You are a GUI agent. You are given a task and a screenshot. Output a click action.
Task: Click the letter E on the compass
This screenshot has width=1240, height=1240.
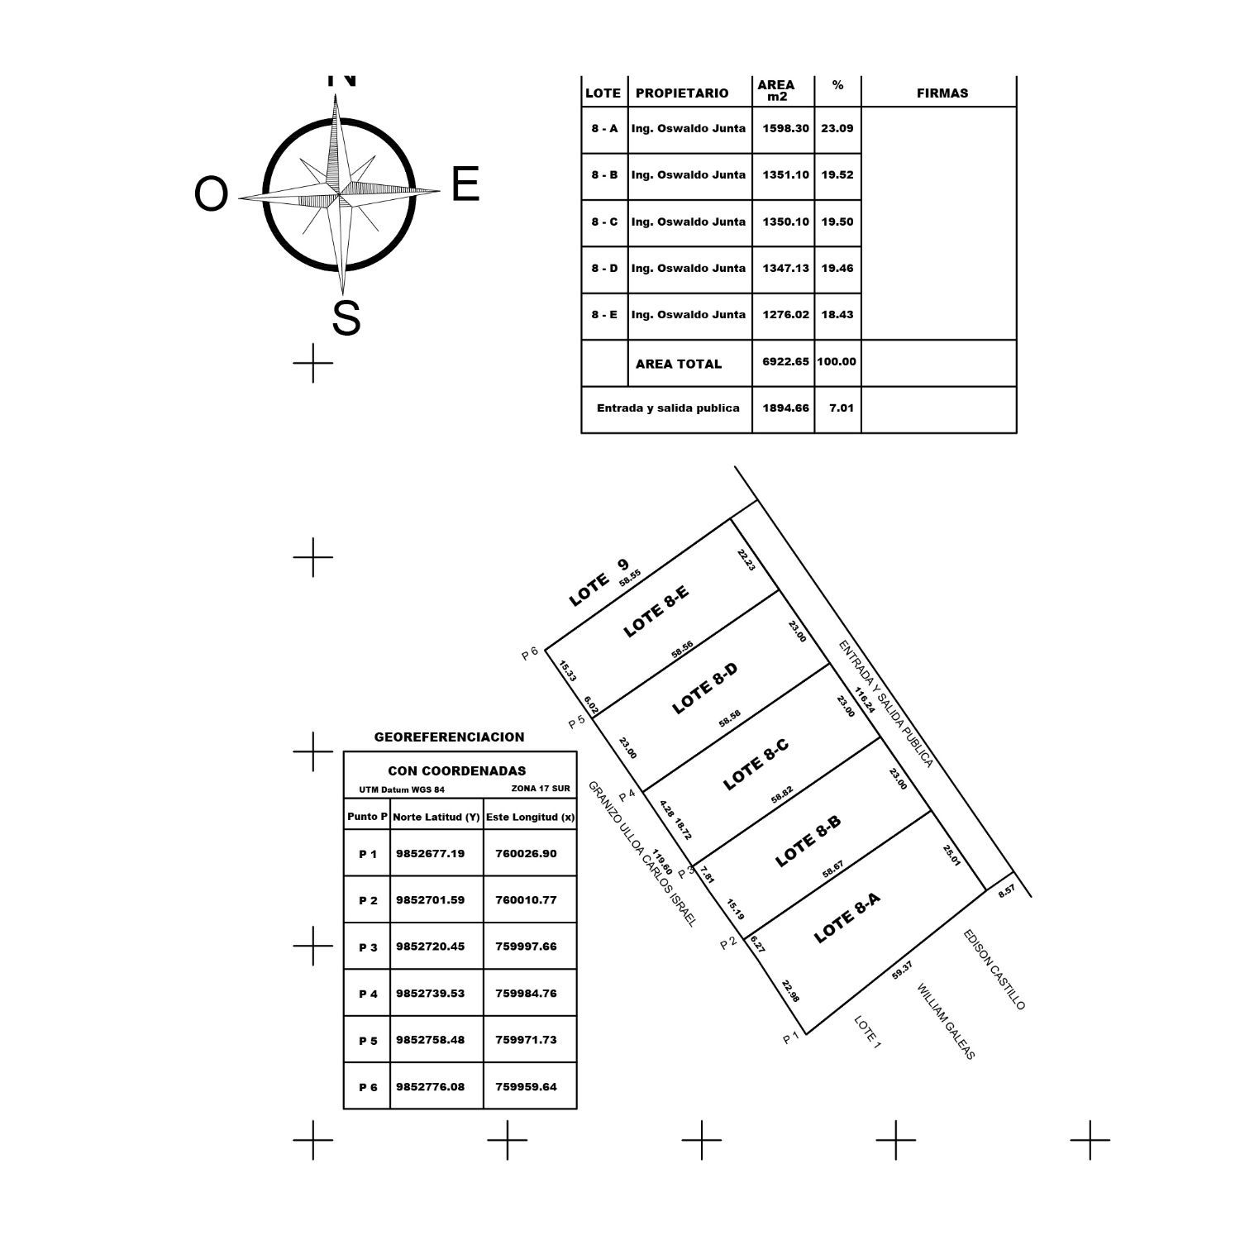[x=465, y=184]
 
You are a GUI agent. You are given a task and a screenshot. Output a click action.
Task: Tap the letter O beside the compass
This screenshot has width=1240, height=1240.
[x=211, y=195]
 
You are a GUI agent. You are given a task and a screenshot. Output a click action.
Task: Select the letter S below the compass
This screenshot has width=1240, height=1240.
[x=346, y=318]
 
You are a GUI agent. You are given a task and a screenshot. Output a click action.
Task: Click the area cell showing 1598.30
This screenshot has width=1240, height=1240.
[x=785, y=128]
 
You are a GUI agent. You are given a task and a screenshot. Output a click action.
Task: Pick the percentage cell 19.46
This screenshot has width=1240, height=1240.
[x=837, y=268]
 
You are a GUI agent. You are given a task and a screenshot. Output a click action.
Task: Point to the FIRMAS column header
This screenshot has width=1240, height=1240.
[x=942, y=93]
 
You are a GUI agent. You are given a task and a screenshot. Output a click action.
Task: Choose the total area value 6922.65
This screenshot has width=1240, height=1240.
[x=785, y=361]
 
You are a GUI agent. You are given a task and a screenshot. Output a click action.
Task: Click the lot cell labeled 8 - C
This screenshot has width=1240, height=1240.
[x=604, y=222]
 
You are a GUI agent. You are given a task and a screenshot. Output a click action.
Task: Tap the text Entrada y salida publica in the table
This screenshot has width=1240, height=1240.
[x=668, y=408]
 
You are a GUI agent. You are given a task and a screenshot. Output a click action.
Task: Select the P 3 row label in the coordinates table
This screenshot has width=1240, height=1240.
[x=368, y=947]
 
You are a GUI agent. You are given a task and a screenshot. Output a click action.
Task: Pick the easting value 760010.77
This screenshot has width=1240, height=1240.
[x=526, y=899]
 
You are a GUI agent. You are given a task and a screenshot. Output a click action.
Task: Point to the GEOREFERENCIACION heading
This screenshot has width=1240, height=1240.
[x=449, y=737]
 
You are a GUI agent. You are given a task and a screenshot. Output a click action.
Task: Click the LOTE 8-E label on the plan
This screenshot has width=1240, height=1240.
[x=656, y=612]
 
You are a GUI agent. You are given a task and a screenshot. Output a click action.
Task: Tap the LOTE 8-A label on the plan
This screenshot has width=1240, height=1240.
[x=847, y=918]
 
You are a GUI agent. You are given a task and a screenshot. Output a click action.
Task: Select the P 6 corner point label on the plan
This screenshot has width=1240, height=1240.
[x=530, y=653]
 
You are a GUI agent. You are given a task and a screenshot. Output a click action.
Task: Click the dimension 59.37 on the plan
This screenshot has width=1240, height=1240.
[x=903, y=971]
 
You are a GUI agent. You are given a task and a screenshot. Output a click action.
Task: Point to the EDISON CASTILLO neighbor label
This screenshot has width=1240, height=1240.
[x=994, y=970]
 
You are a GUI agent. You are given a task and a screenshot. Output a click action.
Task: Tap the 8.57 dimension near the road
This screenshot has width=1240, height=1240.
[x=1007, y=890]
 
